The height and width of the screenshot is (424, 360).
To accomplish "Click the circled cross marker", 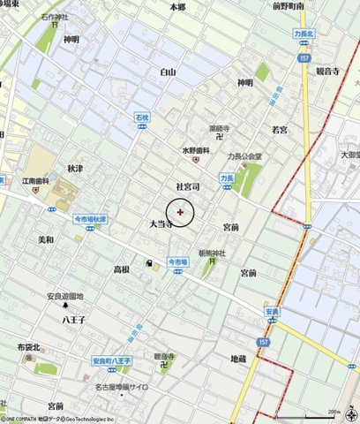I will point(181,212).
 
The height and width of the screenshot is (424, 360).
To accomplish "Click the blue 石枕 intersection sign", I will point(144,116).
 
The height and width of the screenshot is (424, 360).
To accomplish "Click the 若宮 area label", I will point(280,129).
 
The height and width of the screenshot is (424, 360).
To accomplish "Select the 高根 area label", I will point(122,269).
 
